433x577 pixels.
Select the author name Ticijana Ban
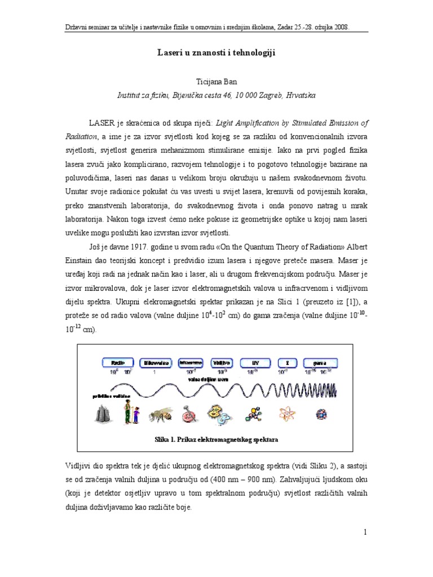(x=216, y=81)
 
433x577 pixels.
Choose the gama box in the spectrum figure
(x=320, y=363)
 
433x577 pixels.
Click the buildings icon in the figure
(x=102, y=415)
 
